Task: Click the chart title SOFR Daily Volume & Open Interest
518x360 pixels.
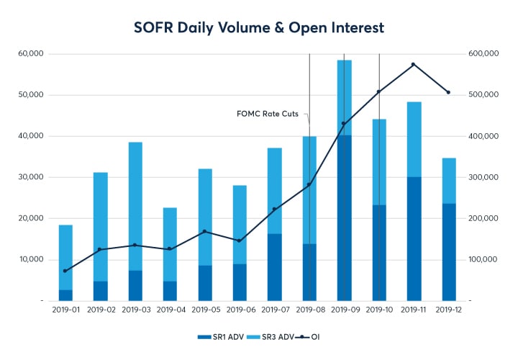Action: [x=259, y=27]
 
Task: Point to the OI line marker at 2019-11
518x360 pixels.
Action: [x=414, y=64]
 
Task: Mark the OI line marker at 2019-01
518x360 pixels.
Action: [x=65, y=271]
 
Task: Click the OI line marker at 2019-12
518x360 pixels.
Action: [x=448, y=92]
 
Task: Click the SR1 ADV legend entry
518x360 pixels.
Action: [x=221, y=336]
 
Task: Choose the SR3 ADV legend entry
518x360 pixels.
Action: [x=272, y=336]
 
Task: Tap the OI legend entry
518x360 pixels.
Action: [x=312, y=336]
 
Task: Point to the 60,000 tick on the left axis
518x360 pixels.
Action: [x=32, y=54]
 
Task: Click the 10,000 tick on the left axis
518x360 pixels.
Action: [x=32, y=259]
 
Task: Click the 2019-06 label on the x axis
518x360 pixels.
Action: [x=240, y=310]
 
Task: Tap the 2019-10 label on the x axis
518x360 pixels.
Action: [x=378, y=310]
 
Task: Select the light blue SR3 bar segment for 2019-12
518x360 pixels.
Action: [x=448, y=181]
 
